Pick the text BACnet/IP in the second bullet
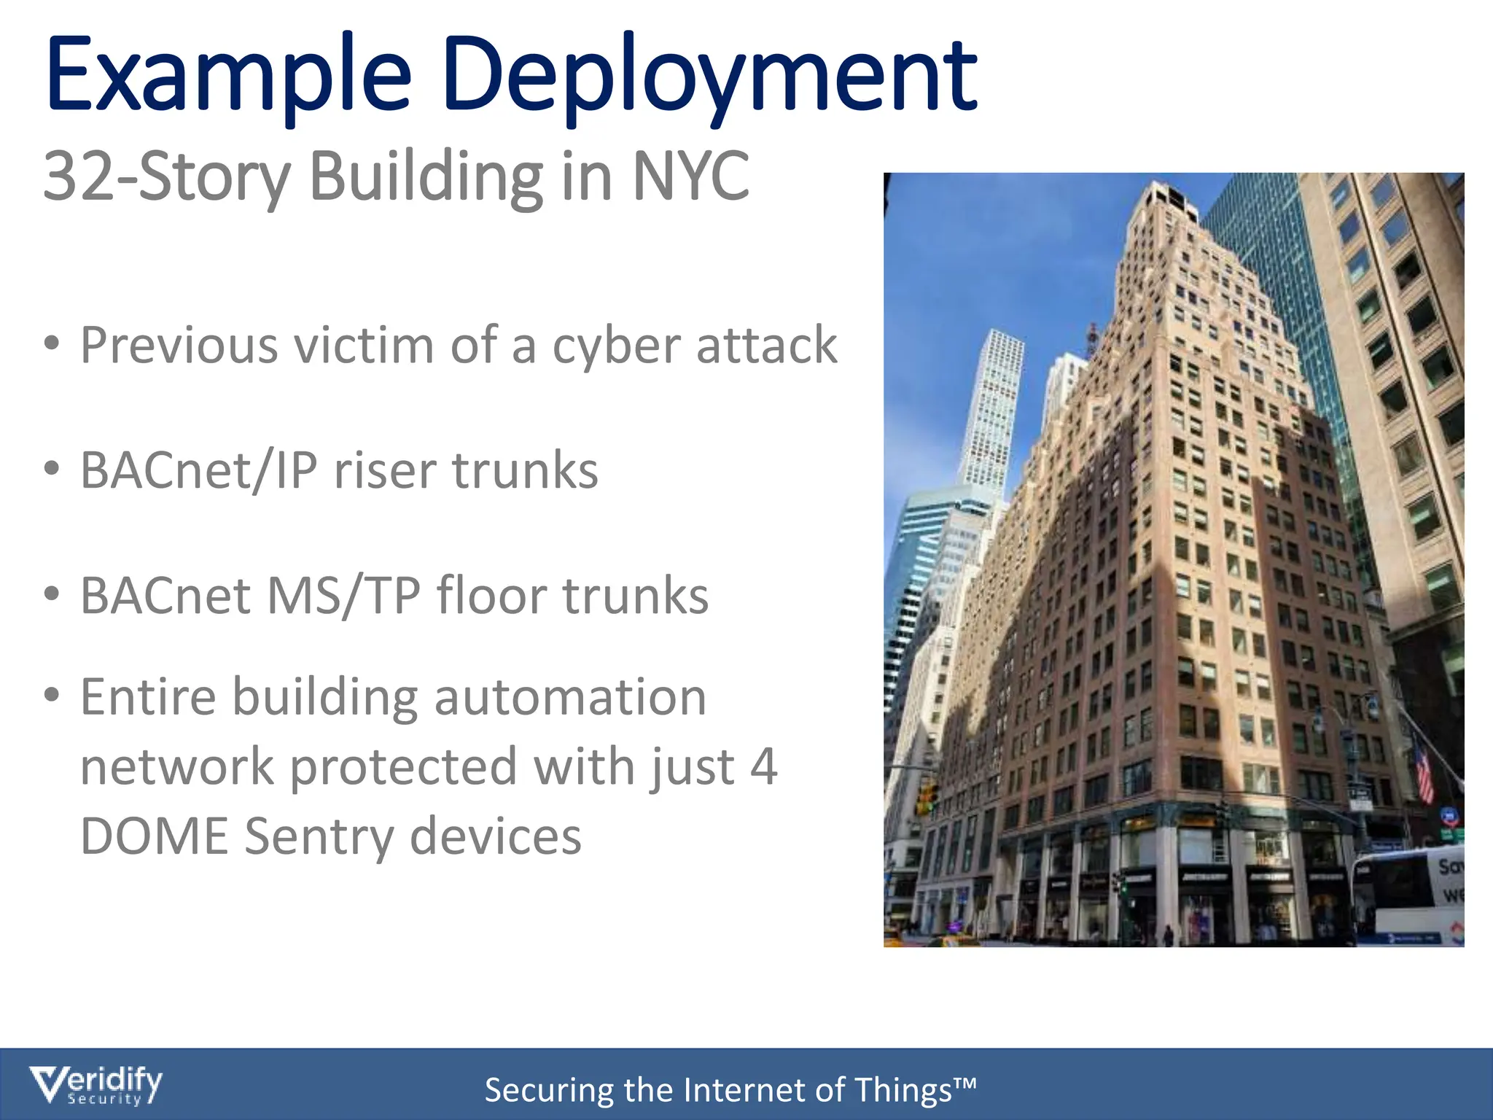[198, 470]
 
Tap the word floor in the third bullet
[491, 596]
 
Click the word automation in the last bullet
[570, 698]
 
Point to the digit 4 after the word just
[763, 766]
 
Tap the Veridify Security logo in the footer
[95, 1085]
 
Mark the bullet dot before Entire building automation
[51, 695]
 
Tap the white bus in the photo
[1407, 897]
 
